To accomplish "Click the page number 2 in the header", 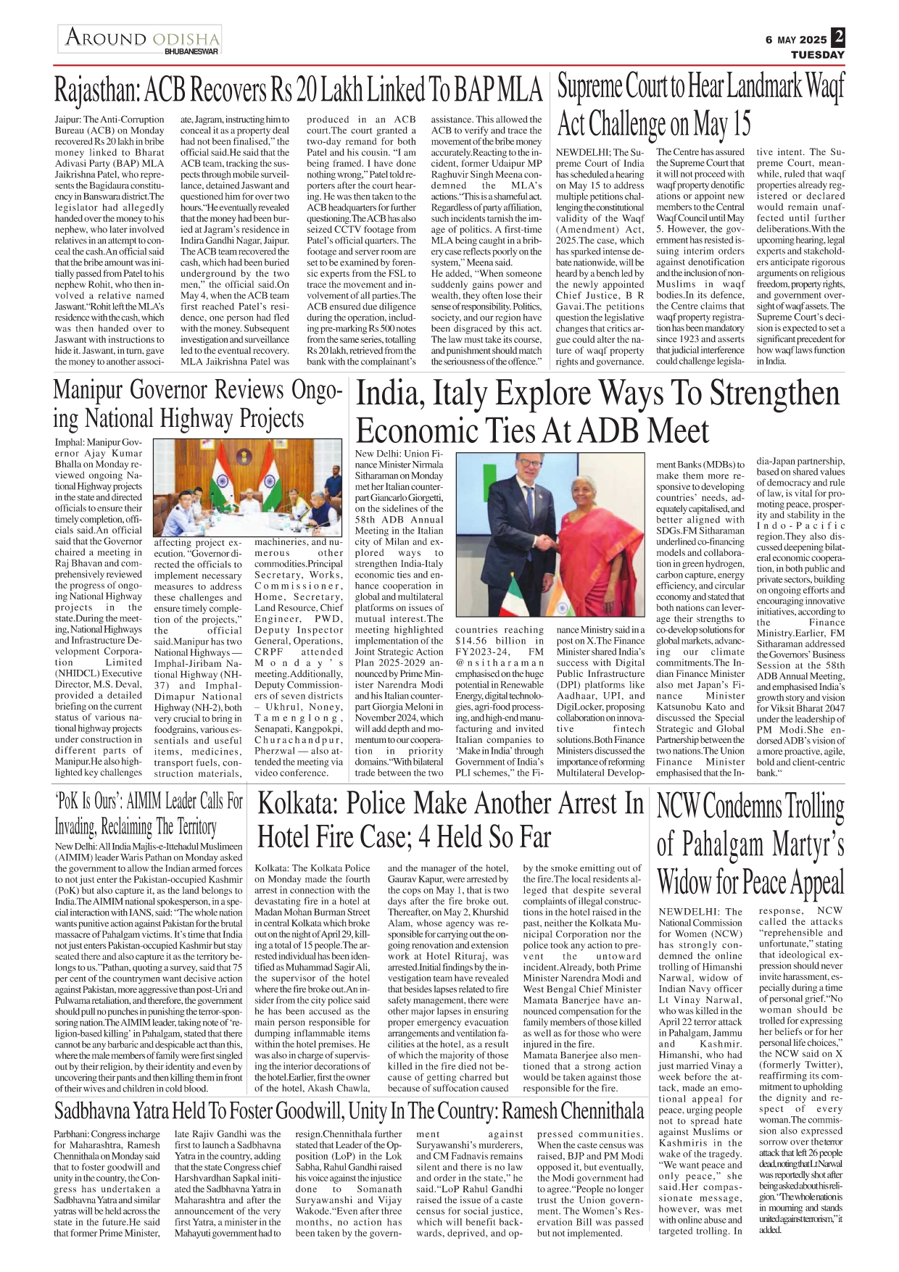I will coord(838,37).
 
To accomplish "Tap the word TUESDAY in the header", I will coord(817,54).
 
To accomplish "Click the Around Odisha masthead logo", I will coord(141,38).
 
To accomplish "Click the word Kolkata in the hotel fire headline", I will coord(295,805).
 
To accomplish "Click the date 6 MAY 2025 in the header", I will coord(795,40).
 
